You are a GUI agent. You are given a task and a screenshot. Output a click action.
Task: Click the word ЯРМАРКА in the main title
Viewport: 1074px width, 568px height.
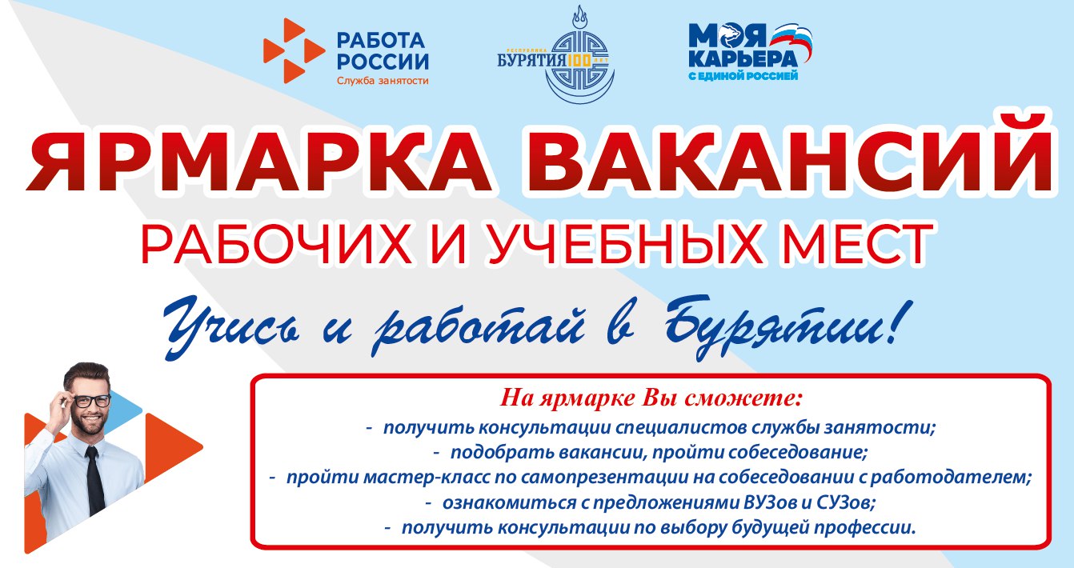tap(260, 158)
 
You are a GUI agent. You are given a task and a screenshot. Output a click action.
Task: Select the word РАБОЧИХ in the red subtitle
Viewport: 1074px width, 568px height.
tap(276, 245)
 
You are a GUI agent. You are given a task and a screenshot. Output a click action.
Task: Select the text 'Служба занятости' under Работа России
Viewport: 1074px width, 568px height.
tap(383, 81)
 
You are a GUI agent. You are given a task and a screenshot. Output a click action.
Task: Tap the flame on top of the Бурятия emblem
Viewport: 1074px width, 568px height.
tap(579, 18)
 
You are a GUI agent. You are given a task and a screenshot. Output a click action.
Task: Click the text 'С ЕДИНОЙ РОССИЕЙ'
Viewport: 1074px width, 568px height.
tap(743, 76)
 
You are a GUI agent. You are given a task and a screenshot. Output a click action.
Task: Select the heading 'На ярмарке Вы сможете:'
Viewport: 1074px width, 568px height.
tap(651, 398)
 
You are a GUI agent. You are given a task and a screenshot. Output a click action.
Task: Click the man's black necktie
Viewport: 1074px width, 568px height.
tap(95, 480)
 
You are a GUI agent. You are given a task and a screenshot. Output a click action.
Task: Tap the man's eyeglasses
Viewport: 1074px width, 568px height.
tap(91, 401)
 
